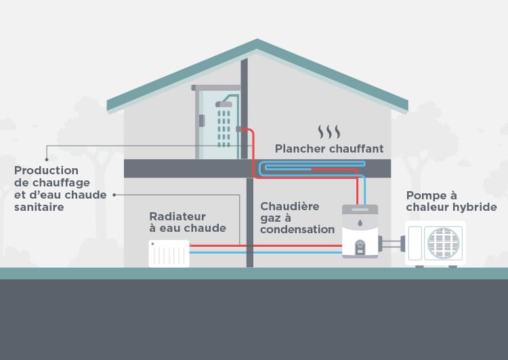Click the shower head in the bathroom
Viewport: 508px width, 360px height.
tap(224, 104)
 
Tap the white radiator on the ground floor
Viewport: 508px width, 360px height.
tap(169, 253)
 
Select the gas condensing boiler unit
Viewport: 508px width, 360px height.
tap(360, 231)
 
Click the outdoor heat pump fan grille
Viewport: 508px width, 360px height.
tap(444, 243)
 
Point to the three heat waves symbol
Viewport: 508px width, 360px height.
tap(329, 131)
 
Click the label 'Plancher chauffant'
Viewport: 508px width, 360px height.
tap(329, 148)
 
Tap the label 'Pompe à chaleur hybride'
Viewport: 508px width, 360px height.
tap(451, 201)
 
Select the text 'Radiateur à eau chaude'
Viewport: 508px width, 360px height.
tap(188, 222)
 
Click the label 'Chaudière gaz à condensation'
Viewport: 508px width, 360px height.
tap(297, 218)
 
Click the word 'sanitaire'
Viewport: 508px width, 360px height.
tap(39, 207)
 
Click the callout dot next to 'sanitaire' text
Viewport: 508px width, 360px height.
tap(114, 195)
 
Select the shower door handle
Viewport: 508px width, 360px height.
tap(202, 121)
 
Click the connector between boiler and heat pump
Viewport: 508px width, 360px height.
tap(391, 240)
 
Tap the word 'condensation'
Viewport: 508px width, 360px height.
tap(297, 230)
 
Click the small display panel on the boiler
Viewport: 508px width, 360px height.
tap(360, 245)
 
